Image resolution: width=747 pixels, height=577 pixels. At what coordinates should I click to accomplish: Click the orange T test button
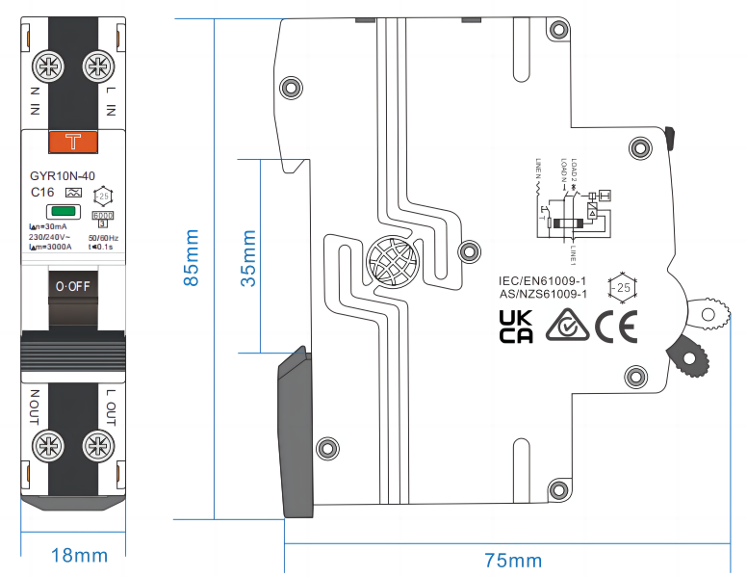(x=72, y=142)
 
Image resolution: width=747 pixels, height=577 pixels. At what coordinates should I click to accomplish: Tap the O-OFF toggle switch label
(x=72, y=286)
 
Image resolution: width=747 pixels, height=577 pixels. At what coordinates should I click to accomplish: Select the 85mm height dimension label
(x=193, y=257)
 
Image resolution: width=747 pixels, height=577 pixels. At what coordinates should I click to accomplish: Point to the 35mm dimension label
(x=248, y=257)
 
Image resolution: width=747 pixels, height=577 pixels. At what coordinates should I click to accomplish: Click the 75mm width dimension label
(x=512, y=561)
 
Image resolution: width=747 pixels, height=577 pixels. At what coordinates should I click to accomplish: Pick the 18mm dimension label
(x=79, y=556)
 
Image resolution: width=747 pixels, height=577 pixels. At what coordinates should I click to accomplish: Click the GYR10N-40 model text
(x=63, y=176)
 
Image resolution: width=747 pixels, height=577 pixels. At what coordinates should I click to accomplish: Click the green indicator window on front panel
(x=64, y=212)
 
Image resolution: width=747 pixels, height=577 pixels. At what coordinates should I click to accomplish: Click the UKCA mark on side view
(x=516, y=327)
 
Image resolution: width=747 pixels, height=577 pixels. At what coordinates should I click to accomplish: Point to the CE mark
(x=615, y=328)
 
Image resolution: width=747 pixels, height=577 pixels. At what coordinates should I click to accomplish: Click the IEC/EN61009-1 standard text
(x=542, y=280)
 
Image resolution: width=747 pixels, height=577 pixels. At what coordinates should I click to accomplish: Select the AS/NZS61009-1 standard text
(x=542, y=294)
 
